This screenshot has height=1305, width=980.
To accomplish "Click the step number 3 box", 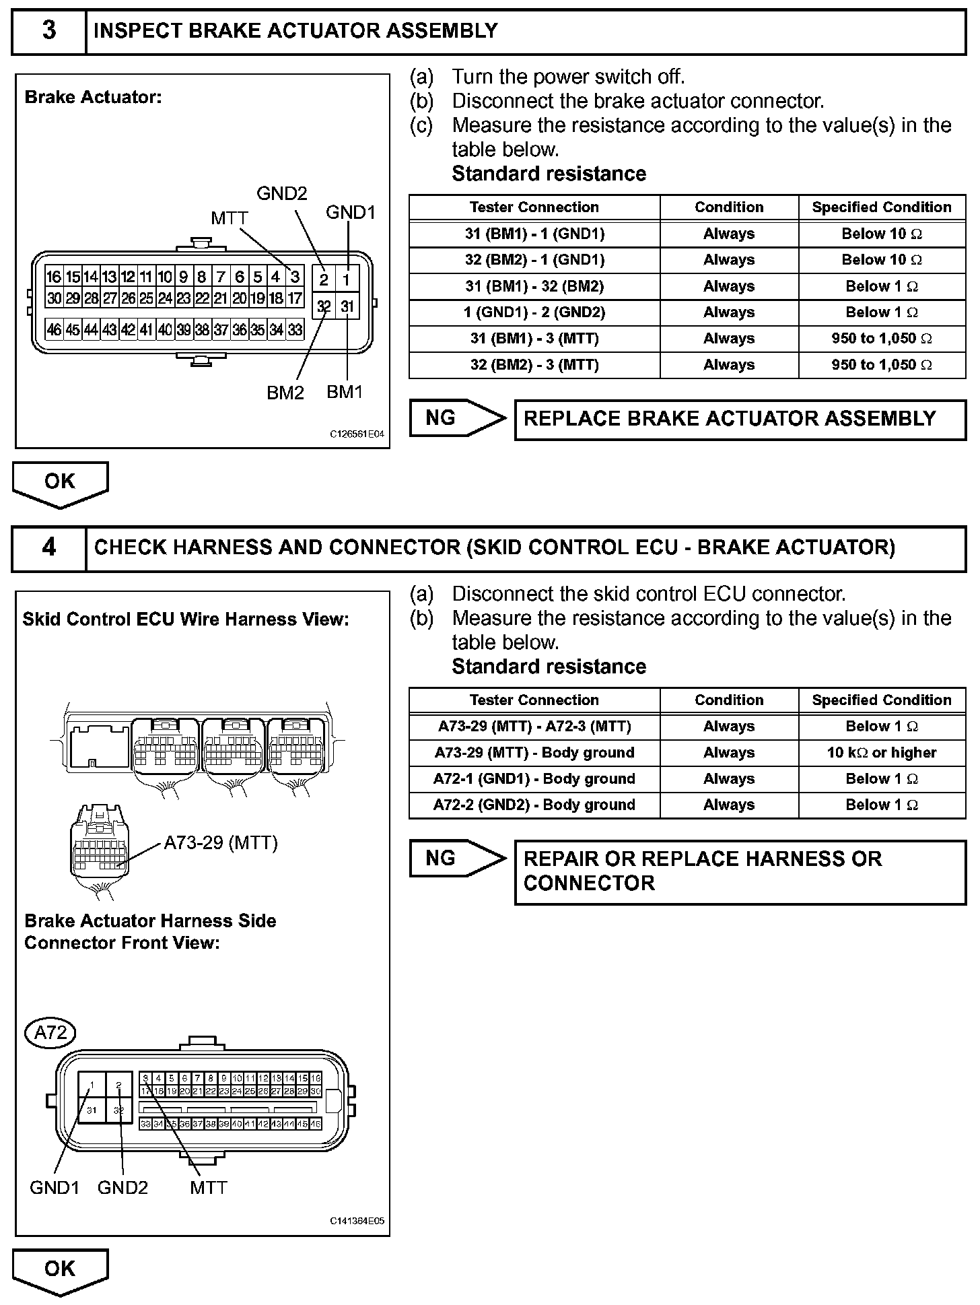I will pos(49,31).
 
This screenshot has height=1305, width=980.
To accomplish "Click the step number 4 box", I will pos(49,547).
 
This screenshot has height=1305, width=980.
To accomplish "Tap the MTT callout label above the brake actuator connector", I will pos(230,218).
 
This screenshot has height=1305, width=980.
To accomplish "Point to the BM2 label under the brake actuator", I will pos(285,393).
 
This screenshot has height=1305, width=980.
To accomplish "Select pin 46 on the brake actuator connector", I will pos(54,330).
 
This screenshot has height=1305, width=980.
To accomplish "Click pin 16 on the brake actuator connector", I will pos(54,277).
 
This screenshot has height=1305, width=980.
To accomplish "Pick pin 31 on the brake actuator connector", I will pos(347,307).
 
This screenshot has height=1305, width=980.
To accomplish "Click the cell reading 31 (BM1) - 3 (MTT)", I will pos(534,339).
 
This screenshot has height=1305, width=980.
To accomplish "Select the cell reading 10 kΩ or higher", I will pos(882,753).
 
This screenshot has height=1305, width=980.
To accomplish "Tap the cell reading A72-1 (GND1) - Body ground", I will pos(534,779).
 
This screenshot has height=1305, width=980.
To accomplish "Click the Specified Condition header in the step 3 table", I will pos(882,207).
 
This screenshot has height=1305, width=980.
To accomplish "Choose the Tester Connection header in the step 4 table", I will pos(534,700).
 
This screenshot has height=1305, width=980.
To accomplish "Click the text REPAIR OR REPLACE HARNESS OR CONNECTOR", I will pos(702,871).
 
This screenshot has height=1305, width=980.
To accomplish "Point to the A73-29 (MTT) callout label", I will pos(221,843).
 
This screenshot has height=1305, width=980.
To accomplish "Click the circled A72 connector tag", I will pos(50,1032).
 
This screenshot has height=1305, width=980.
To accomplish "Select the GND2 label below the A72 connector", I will pos(123,1188).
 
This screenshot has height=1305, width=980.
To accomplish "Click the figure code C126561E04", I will pos(357,434).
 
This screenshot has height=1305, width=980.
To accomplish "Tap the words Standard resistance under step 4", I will pos(549,667).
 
